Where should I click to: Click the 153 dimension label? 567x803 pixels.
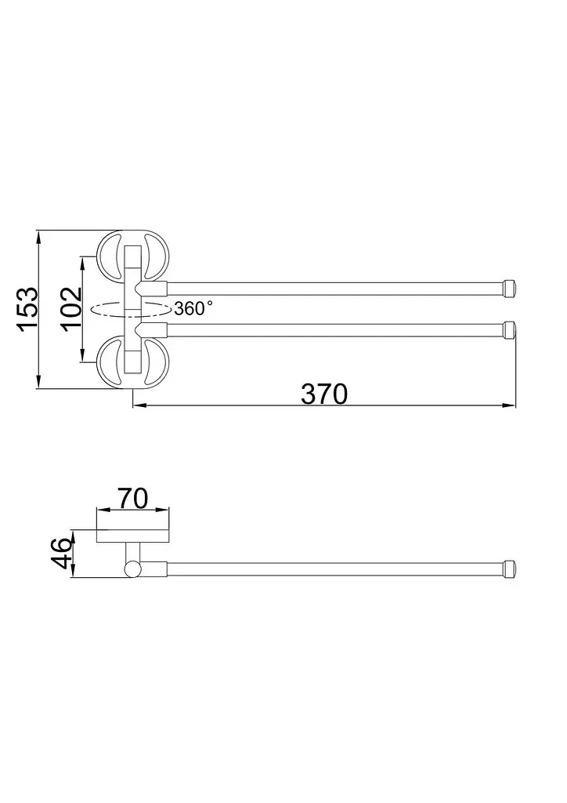[29, 309]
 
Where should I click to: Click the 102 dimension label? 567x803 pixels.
[72, 309]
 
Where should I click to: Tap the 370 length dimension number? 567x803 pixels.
[324, 394]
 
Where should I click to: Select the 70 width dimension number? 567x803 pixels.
[133, 498]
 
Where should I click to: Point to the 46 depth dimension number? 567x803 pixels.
[63, 553]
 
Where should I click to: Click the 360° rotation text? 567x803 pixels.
[193, 308]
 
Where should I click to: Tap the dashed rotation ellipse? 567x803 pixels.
[130, 309]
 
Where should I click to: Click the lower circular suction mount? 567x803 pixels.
[132, 362]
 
